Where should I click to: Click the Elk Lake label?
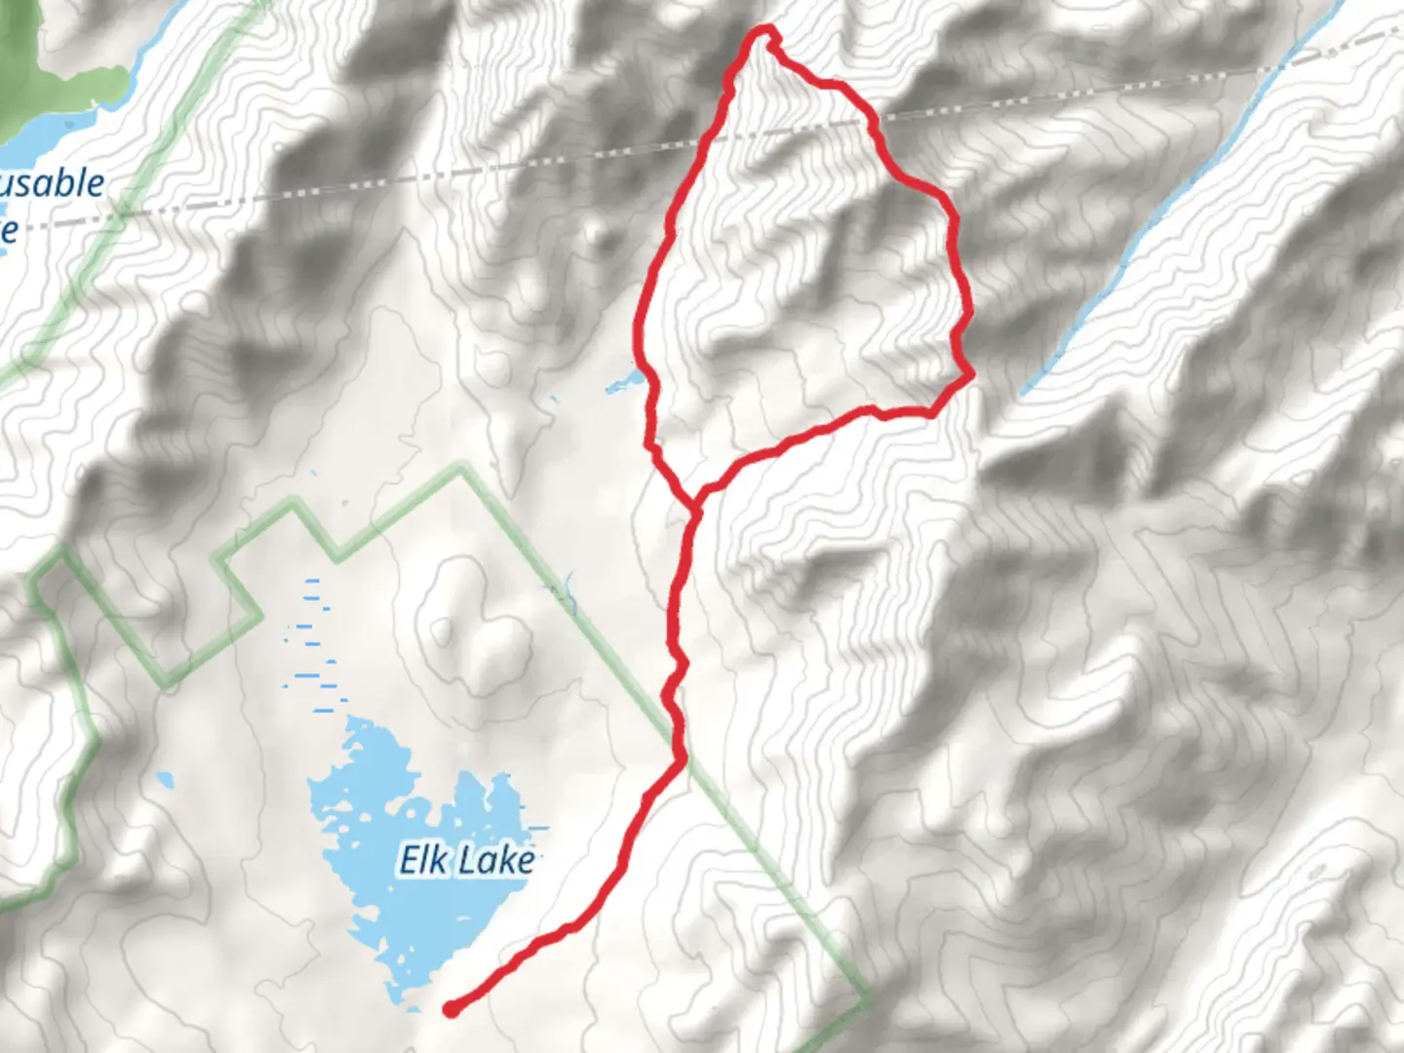(x=467, y=860)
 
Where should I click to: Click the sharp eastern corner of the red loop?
(x=970, y=372)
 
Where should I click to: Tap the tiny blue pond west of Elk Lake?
(x=164, y=780)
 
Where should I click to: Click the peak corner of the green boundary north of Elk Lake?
(x=463, y=469)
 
